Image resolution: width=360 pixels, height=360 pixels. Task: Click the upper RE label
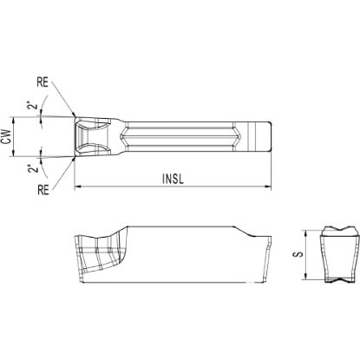[43, 82]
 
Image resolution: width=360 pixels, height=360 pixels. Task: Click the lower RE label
[43, 191]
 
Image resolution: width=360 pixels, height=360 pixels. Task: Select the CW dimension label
[6, 136]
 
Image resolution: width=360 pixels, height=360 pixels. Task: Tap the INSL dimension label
[173, 179]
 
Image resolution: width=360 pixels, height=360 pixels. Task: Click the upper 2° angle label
[33, 105]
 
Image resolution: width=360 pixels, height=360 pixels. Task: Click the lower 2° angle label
[34, 168]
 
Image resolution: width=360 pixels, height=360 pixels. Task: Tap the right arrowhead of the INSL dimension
[269, 187]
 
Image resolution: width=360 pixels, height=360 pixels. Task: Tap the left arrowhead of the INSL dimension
[77, 187]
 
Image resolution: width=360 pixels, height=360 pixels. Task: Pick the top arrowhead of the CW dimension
[14, 120]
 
